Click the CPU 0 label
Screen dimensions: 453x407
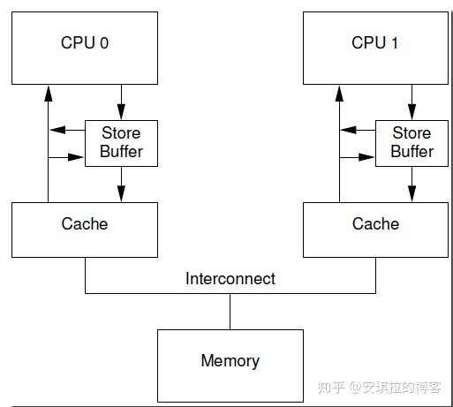[85, 42]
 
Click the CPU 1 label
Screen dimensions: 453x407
[374, 42]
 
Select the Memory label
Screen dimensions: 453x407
[230, 361]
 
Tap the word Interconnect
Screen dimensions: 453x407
[230, 278]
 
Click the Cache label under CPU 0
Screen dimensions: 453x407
[85, 223]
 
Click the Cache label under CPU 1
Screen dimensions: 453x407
[375, 223]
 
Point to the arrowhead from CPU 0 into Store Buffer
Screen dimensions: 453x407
[121, 112]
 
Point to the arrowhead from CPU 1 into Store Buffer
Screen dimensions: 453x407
[411, 112]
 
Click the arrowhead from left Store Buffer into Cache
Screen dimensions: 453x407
[121, 193]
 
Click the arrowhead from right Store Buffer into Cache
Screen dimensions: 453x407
[411, 193]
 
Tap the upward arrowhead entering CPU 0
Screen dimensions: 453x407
[49, 94]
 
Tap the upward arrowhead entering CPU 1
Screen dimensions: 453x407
[339, 94]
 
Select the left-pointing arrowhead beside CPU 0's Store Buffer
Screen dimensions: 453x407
[57, 130]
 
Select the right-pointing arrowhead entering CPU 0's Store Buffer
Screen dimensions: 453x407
[76, 157]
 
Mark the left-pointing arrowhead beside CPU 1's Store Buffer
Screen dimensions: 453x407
[349, 130]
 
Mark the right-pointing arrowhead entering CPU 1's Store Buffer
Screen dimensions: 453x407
[366, 157]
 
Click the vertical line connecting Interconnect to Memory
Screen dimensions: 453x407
[230, 312]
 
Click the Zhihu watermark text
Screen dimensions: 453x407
[379, 388]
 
